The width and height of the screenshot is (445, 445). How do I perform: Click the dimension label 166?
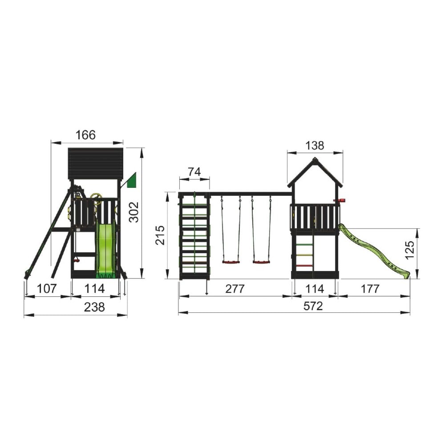[x=86, y=135]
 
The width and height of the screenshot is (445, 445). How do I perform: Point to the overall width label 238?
[x=94, y=307]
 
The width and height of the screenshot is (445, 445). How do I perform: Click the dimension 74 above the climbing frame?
[x=194, y=172]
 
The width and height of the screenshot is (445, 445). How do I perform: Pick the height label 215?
[x=160, y=235]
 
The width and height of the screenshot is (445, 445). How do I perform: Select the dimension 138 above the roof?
[x=315, y=146]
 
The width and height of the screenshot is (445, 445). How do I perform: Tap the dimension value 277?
[x=235, y=289]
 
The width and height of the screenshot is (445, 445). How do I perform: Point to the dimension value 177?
[x=370, y=289]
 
